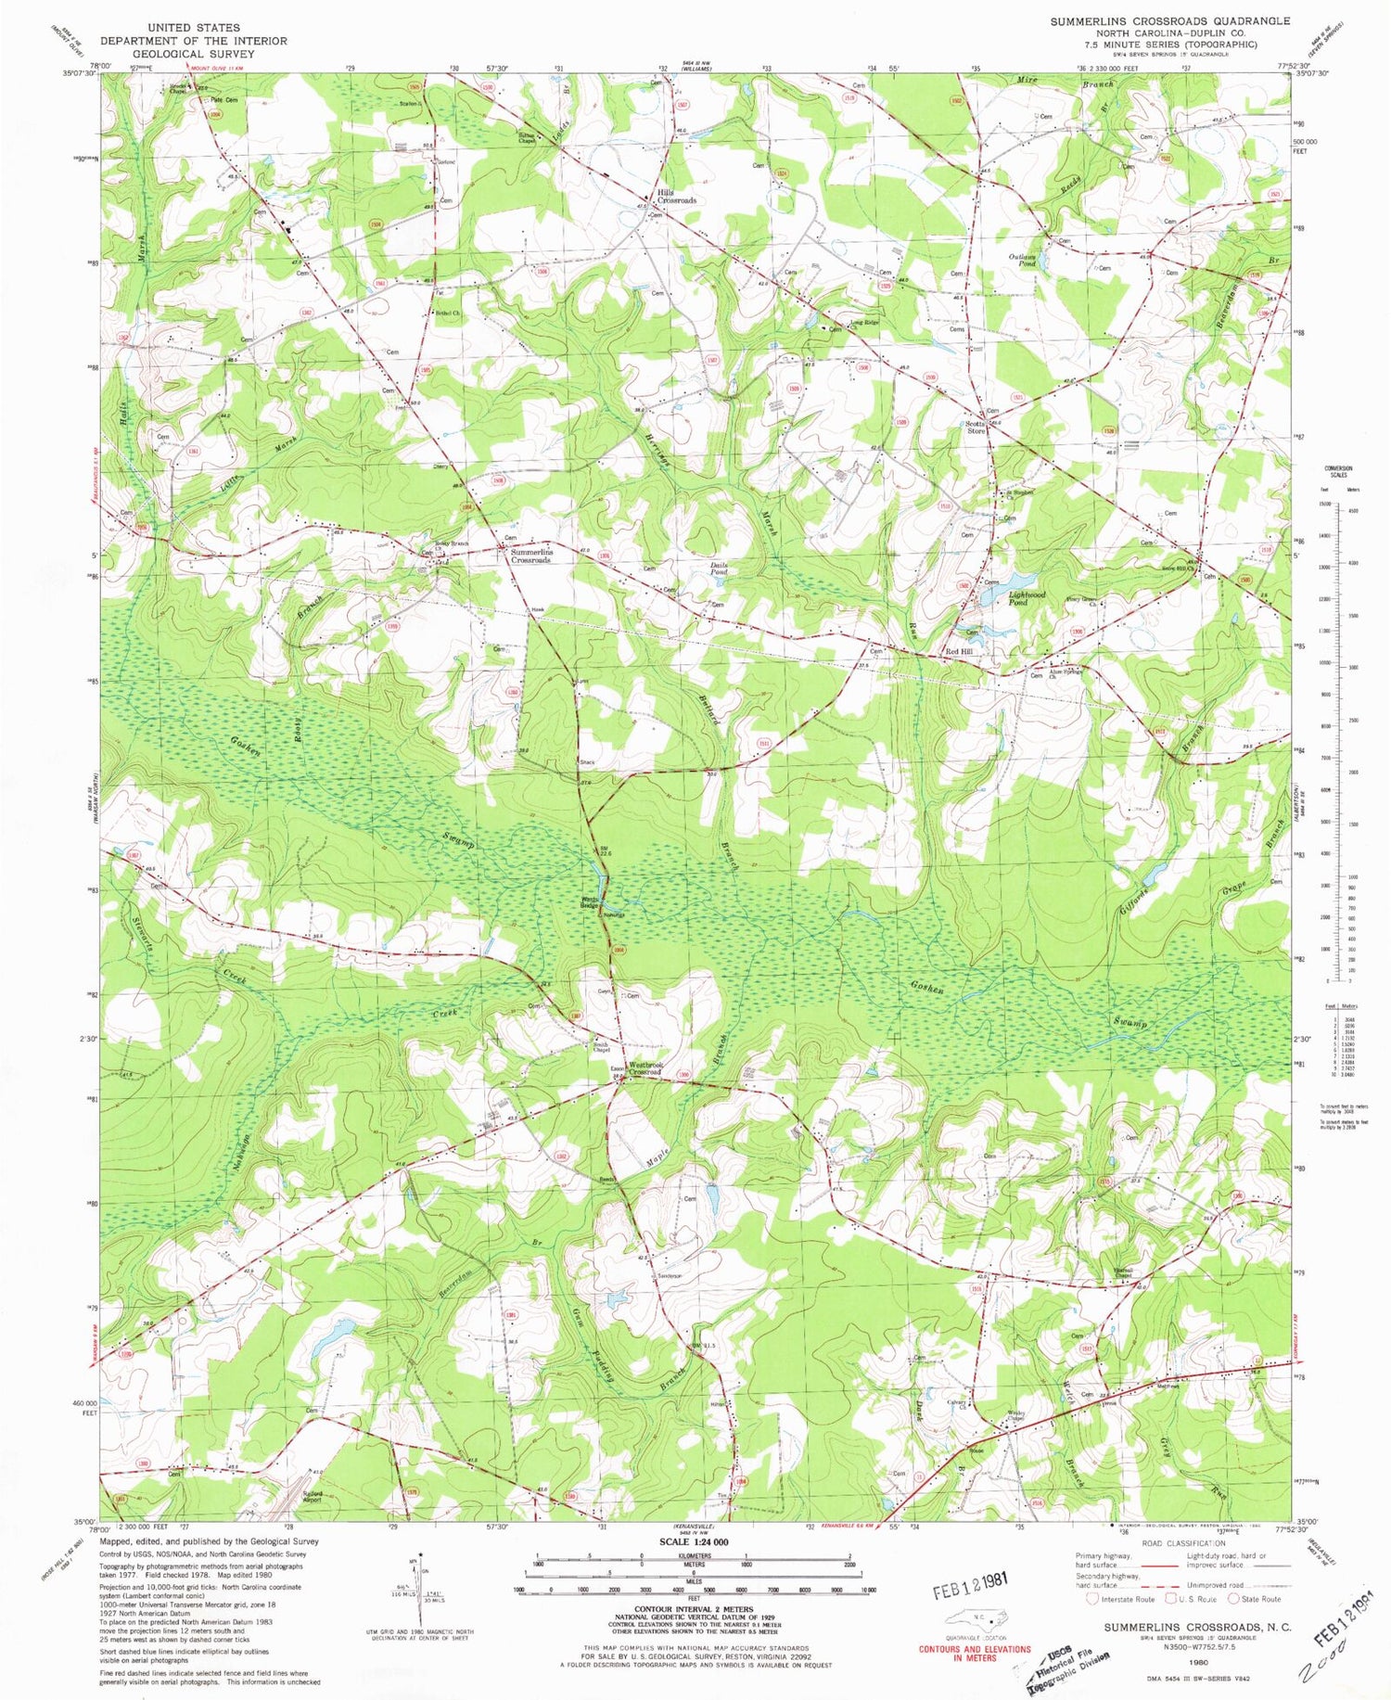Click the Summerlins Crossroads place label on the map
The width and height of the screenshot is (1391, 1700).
(530, 556)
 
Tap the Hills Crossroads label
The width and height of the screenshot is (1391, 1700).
(677, 196)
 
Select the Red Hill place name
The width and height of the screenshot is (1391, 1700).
(959, 652)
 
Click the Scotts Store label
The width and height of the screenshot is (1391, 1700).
(975, 427)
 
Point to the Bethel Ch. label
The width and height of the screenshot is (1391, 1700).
(450, 313)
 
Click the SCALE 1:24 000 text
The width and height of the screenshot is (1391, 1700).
(693, 1540)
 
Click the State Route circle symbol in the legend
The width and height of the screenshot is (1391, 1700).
(1233, 1598)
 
